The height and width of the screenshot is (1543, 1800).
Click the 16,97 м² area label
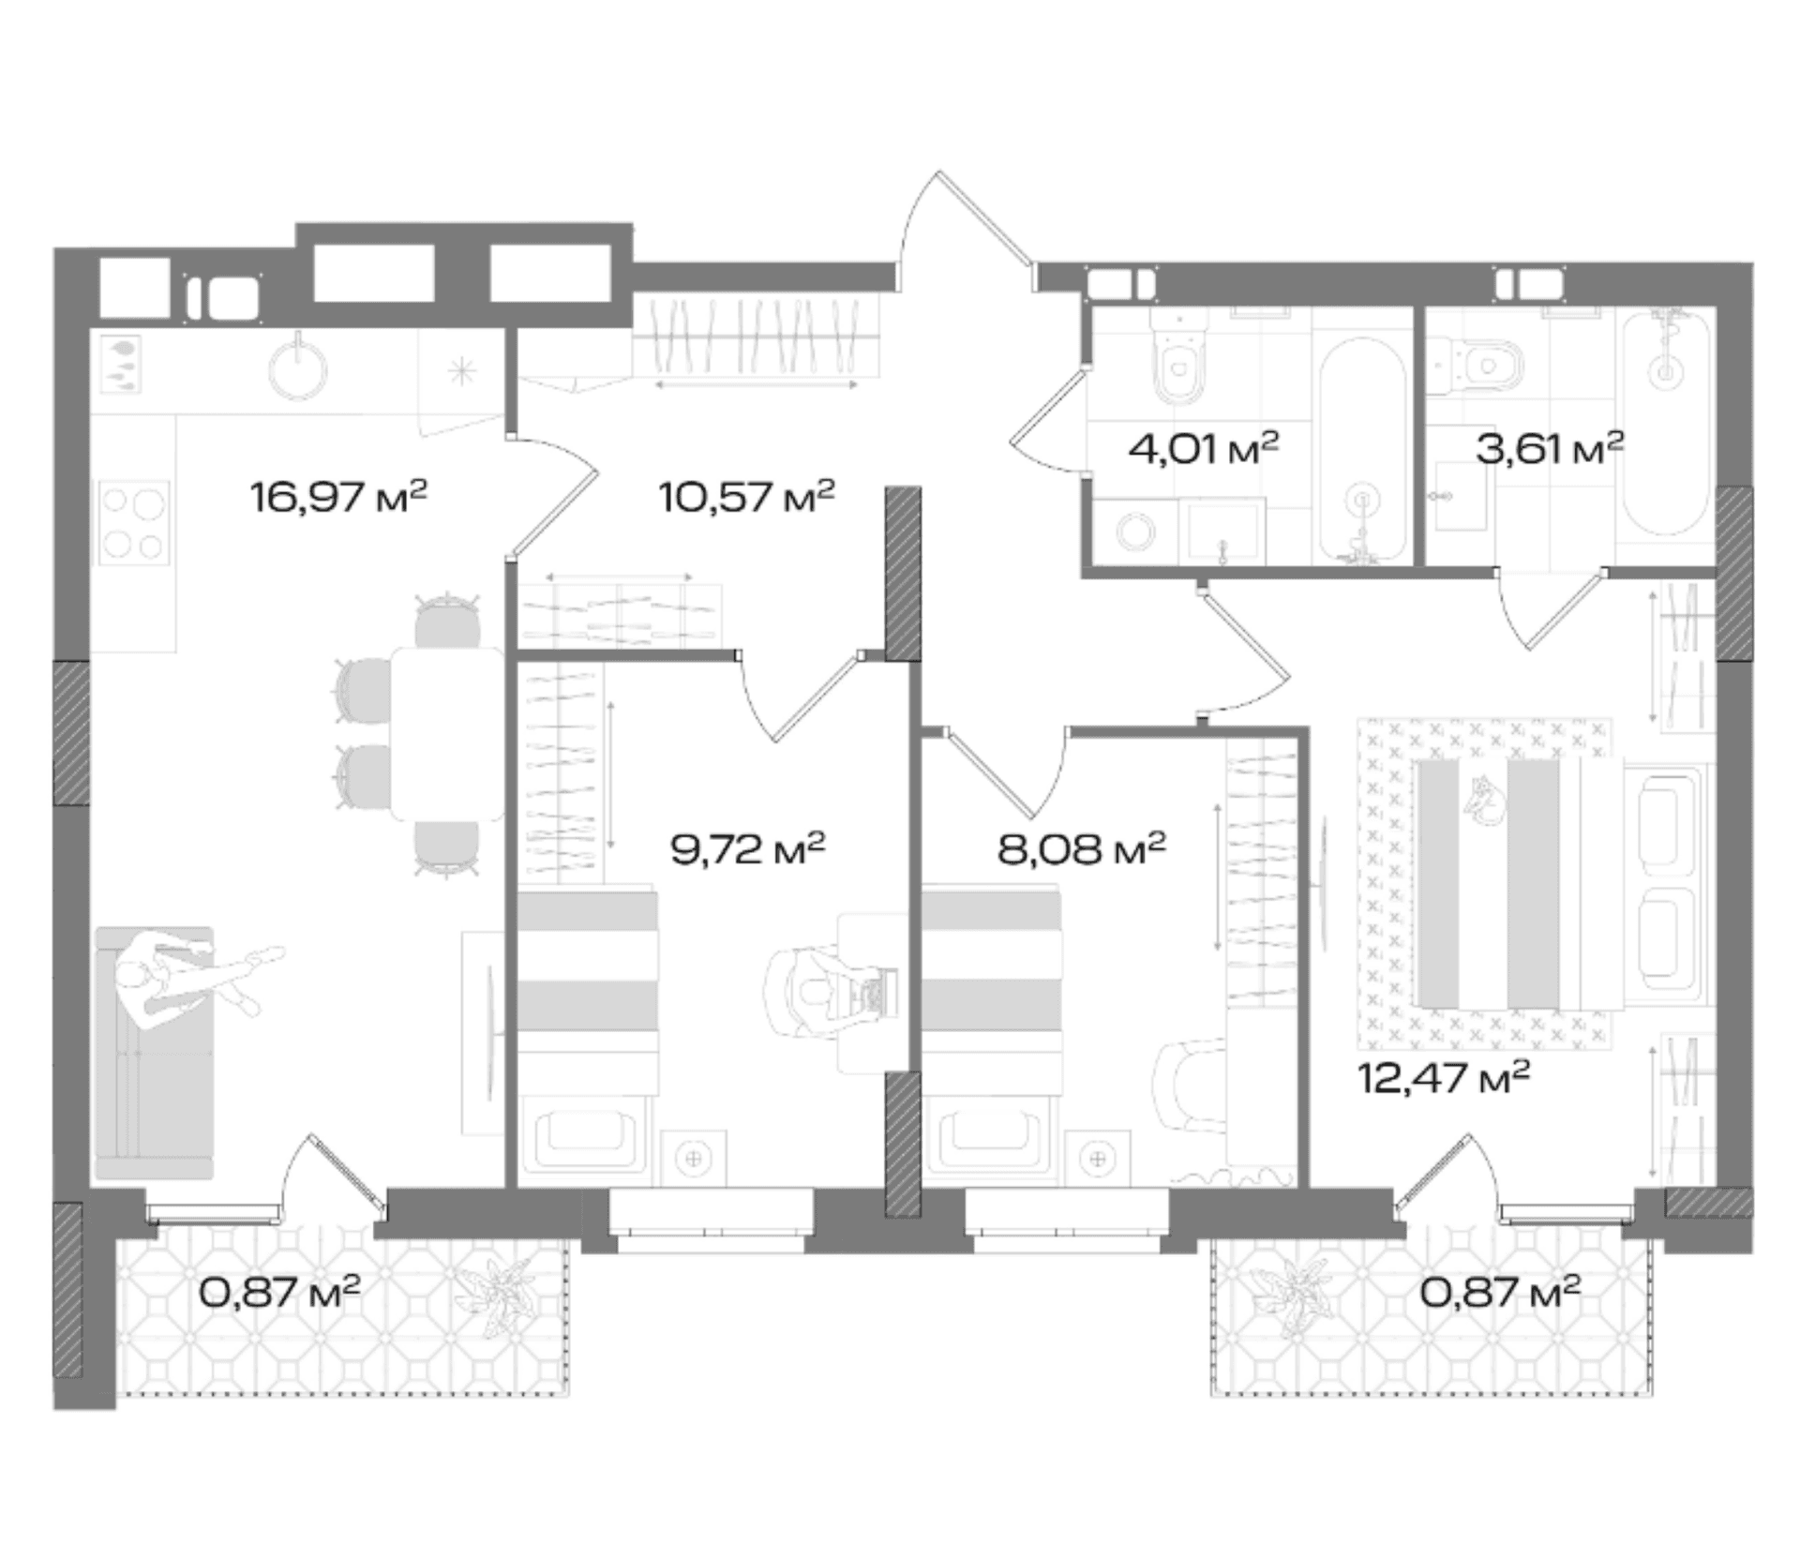[x=338, y=496]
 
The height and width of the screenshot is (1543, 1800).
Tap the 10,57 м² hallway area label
[x=746, y=496]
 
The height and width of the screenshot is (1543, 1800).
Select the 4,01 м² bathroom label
[x=1204, y=449]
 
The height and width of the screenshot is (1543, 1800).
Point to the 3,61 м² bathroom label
[x=1550, y=449]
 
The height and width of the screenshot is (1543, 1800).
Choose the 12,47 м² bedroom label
[x=1444, y=1077]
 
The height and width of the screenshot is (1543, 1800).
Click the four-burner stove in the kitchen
[x=135, y=523]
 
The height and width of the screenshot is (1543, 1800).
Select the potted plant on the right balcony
[x=1298, y=1299]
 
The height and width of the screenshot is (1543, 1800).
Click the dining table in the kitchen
[x=447, y=733]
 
